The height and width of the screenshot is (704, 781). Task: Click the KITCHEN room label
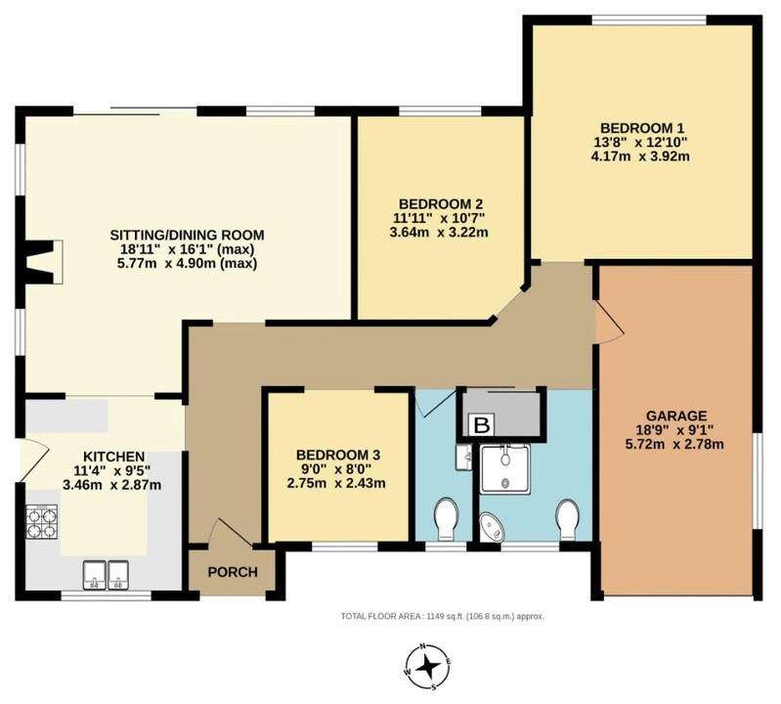114,457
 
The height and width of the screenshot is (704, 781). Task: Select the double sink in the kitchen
107,575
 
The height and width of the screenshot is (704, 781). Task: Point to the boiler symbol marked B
482,425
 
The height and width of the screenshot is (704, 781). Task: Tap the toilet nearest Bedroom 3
446,518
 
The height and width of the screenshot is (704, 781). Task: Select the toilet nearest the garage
566,518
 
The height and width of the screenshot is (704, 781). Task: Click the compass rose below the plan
428,666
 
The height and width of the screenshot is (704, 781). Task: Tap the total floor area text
442,616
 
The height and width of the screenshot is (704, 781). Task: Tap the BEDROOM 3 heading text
337,455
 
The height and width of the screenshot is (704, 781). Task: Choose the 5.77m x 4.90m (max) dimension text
187,263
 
